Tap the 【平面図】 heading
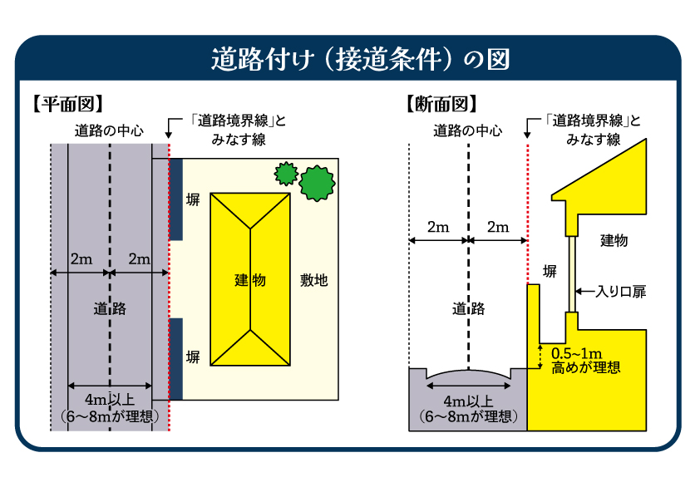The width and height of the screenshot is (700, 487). (67, 104)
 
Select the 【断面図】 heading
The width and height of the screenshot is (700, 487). (441, 104)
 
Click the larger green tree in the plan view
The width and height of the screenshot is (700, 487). (317, 182)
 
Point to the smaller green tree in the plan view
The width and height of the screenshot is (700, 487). (285, 173)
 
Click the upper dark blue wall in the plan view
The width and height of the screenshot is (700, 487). (175, 199)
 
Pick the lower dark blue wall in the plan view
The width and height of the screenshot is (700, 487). (175, 357)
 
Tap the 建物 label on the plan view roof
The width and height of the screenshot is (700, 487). (249, 280)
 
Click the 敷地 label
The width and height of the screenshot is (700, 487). (314, 280)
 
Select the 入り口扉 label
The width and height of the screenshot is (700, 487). (621, 292)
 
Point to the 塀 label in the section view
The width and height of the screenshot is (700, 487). (550, 271)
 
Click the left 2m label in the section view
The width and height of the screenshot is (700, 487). (438, 227)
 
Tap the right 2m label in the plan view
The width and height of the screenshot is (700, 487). (139, 258)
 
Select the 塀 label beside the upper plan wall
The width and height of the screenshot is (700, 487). (193, 200)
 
